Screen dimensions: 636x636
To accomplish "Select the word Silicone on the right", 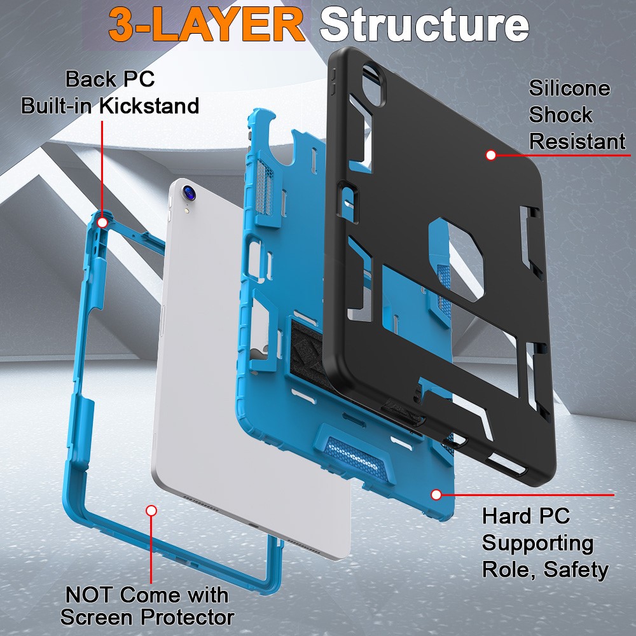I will point(569,88).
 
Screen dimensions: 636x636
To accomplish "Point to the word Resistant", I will point(577,141).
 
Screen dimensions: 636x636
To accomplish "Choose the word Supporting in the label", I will point(537,543).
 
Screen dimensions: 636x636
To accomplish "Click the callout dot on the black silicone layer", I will point(491,155).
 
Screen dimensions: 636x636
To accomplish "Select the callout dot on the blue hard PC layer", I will point(436,494).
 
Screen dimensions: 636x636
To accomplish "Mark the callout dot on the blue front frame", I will point(151,510).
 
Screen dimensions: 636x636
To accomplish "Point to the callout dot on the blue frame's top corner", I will point(102,222).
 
